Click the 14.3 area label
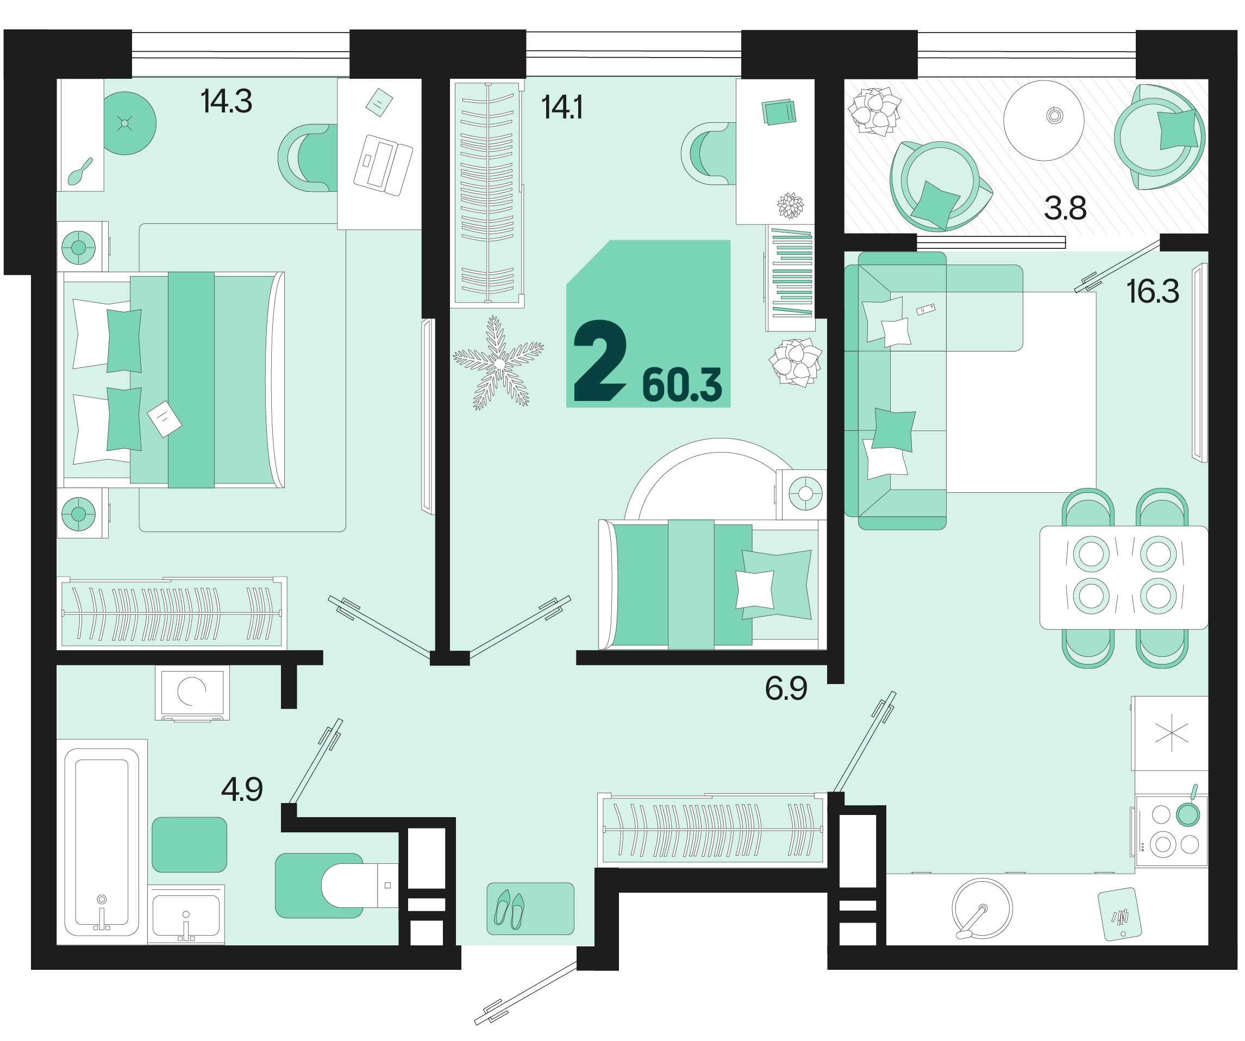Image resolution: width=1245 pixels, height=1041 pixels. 227,102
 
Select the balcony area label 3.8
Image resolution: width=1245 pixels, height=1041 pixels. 1065,208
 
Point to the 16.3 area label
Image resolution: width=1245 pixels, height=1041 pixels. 1153,291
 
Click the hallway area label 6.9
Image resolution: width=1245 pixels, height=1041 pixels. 786,688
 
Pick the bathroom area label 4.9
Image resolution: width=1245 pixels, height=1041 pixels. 242,789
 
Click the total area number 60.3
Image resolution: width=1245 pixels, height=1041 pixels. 682,385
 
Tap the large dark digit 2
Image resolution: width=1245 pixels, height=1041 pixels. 600,360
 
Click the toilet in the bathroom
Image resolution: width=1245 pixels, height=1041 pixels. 359,886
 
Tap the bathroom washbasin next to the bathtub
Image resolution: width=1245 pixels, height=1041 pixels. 186,913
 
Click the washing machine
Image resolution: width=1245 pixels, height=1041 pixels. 192,692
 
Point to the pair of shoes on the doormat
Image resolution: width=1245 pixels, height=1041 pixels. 510,910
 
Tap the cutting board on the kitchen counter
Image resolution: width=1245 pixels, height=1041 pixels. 1120,914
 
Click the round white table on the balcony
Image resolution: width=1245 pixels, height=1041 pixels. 1044,120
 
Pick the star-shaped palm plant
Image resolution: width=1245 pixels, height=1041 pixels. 498,363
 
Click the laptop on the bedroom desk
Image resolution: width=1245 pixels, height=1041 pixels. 383,165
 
